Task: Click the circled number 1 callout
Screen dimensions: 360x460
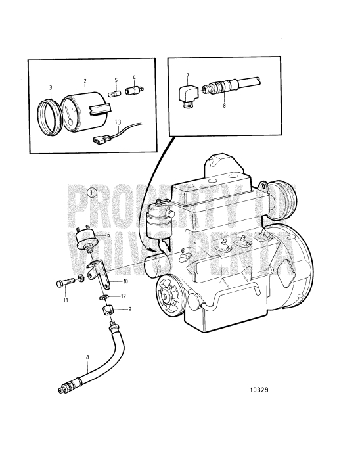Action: (92, 193)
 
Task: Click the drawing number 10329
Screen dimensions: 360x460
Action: (259, 390)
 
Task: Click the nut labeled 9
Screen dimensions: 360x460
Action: (107, 309)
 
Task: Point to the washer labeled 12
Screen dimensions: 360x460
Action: (103, 298)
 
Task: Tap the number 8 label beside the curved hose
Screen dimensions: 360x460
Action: (87, 357)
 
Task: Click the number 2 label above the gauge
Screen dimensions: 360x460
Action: (85, 81)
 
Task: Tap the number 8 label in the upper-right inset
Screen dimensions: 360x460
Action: (224, 105)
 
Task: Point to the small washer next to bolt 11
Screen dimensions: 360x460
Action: (81, 278)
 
